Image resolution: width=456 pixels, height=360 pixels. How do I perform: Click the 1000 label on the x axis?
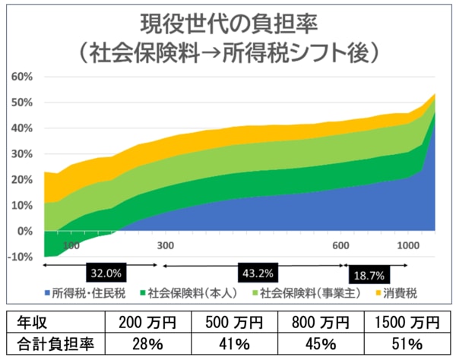tap(408, 245)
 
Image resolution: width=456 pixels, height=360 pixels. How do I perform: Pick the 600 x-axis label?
tap(340, 245)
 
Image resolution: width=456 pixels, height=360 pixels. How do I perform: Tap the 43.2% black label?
tap(256, 271)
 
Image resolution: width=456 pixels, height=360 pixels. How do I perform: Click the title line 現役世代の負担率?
tap(228, 22)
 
